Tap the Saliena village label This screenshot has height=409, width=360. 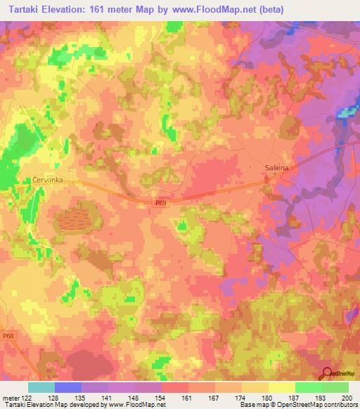pos(276,167)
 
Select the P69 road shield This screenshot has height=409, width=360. pos(161,202)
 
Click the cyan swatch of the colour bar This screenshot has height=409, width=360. pos(41,387)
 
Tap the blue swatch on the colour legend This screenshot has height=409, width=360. pos(68,387)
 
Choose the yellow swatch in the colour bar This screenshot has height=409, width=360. pos(282,387)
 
